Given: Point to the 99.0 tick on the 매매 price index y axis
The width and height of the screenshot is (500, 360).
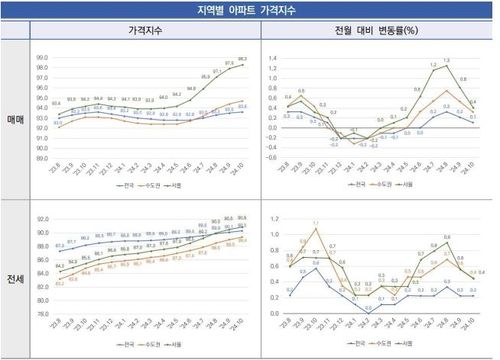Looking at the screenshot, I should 41,58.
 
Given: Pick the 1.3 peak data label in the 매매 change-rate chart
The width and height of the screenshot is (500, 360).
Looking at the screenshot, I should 444,61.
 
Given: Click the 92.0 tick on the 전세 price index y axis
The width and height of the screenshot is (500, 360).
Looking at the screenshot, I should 41,219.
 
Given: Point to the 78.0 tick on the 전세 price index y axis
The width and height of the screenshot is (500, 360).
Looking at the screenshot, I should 41,313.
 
